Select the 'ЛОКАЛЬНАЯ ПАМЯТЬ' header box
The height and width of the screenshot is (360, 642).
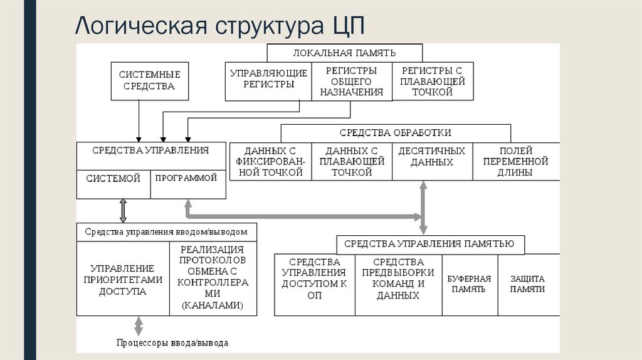pos(344,53)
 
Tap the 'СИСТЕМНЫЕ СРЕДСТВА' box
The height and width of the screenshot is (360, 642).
pos(150,81)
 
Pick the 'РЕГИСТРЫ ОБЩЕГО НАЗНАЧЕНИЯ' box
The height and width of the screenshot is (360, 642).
pos(352,82)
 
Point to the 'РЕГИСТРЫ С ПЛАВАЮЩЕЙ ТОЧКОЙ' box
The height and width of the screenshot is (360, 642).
pos(432,82)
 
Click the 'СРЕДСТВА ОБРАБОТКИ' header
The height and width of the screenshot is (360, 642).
pos(395,133)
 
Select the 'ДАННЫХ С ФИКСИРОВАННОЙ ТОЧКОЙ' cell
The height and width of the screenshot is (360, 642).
pos(271,162)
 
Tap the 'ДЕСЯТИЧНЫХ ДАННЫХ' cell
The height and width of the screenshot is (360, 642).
pos(432,157)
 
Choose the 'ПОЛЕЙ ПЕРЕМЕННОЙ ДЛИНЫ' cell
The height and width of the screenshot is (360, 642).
pos(515,162)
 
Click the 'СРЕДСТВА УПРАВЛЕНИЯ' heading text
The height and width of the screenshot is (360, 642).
pos(150,151)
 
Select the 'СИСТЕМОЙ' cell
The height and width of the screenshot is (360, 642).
pos(113,179)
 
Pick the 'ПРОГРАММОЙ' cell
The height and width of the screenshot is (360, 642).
pos(186,178)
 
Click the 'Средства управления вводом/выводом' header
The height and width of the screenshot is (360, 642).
pos(166,231)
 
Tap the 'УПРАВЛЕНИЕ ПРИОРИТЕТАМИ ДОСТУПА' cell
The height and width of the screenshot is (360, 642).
pos(123,280)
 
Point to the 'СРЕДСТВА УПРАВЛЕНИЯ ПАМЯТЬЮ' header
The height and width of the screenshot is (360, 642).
pos(430,244)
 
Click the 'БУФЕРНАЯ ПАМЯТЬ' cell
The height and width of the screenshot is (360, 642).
pos(470,284)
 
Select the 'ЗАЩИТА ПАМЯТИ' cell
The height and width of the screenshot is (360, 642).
pos(527,284)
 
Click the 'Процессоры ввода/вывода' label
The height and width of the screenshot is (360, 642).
pos(172,343)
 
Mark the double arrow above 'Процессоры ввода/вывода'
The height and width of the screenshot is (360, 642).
pos(139,326)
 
